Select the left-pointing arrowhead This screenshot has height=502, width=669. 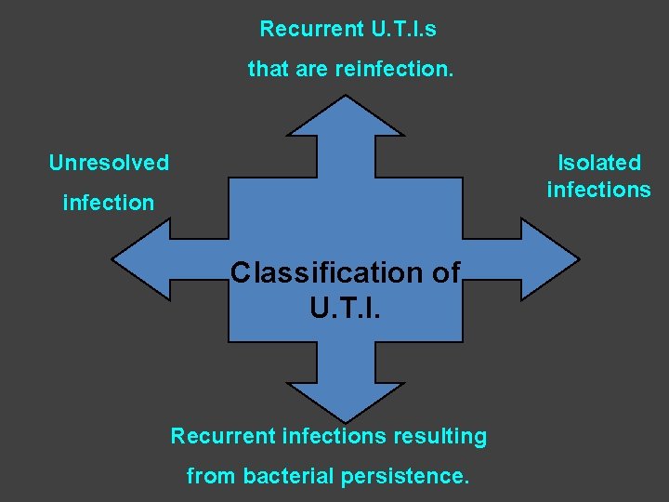point(139,259)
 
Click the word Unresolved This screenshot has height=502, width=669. point(109,163)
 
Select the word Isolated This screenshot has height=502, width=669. point(599,163)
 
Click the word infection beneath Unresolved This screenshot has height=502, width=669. point(109,203)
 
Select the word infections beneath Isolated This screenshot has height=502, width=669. point(599,190)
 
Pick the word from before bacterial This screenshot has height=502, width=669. point(211,476)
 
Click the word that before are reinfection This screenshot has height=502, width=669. point(267,69)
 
